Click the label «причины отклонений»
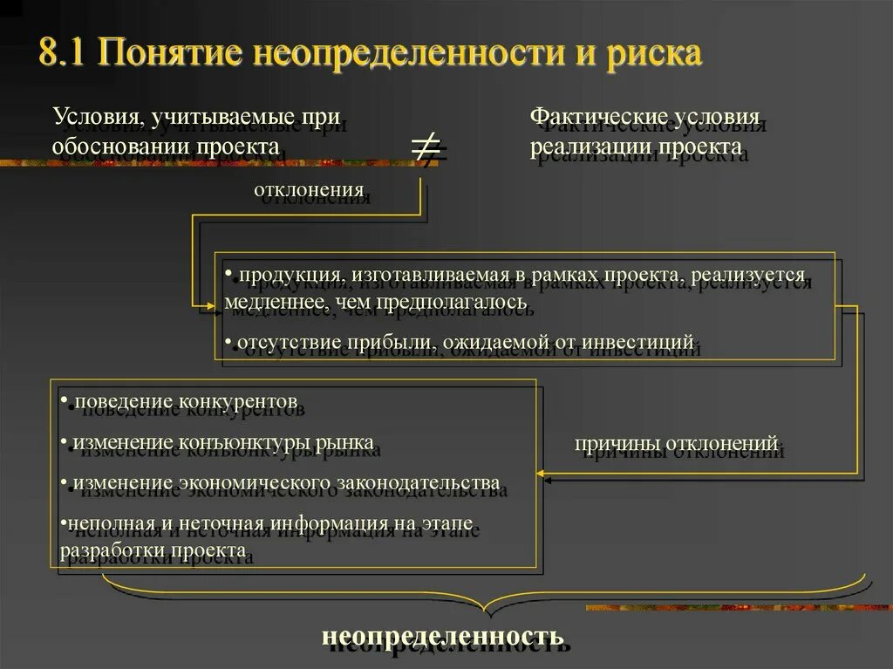[675, 444]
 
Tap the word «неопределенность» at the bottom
[443, 634]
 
